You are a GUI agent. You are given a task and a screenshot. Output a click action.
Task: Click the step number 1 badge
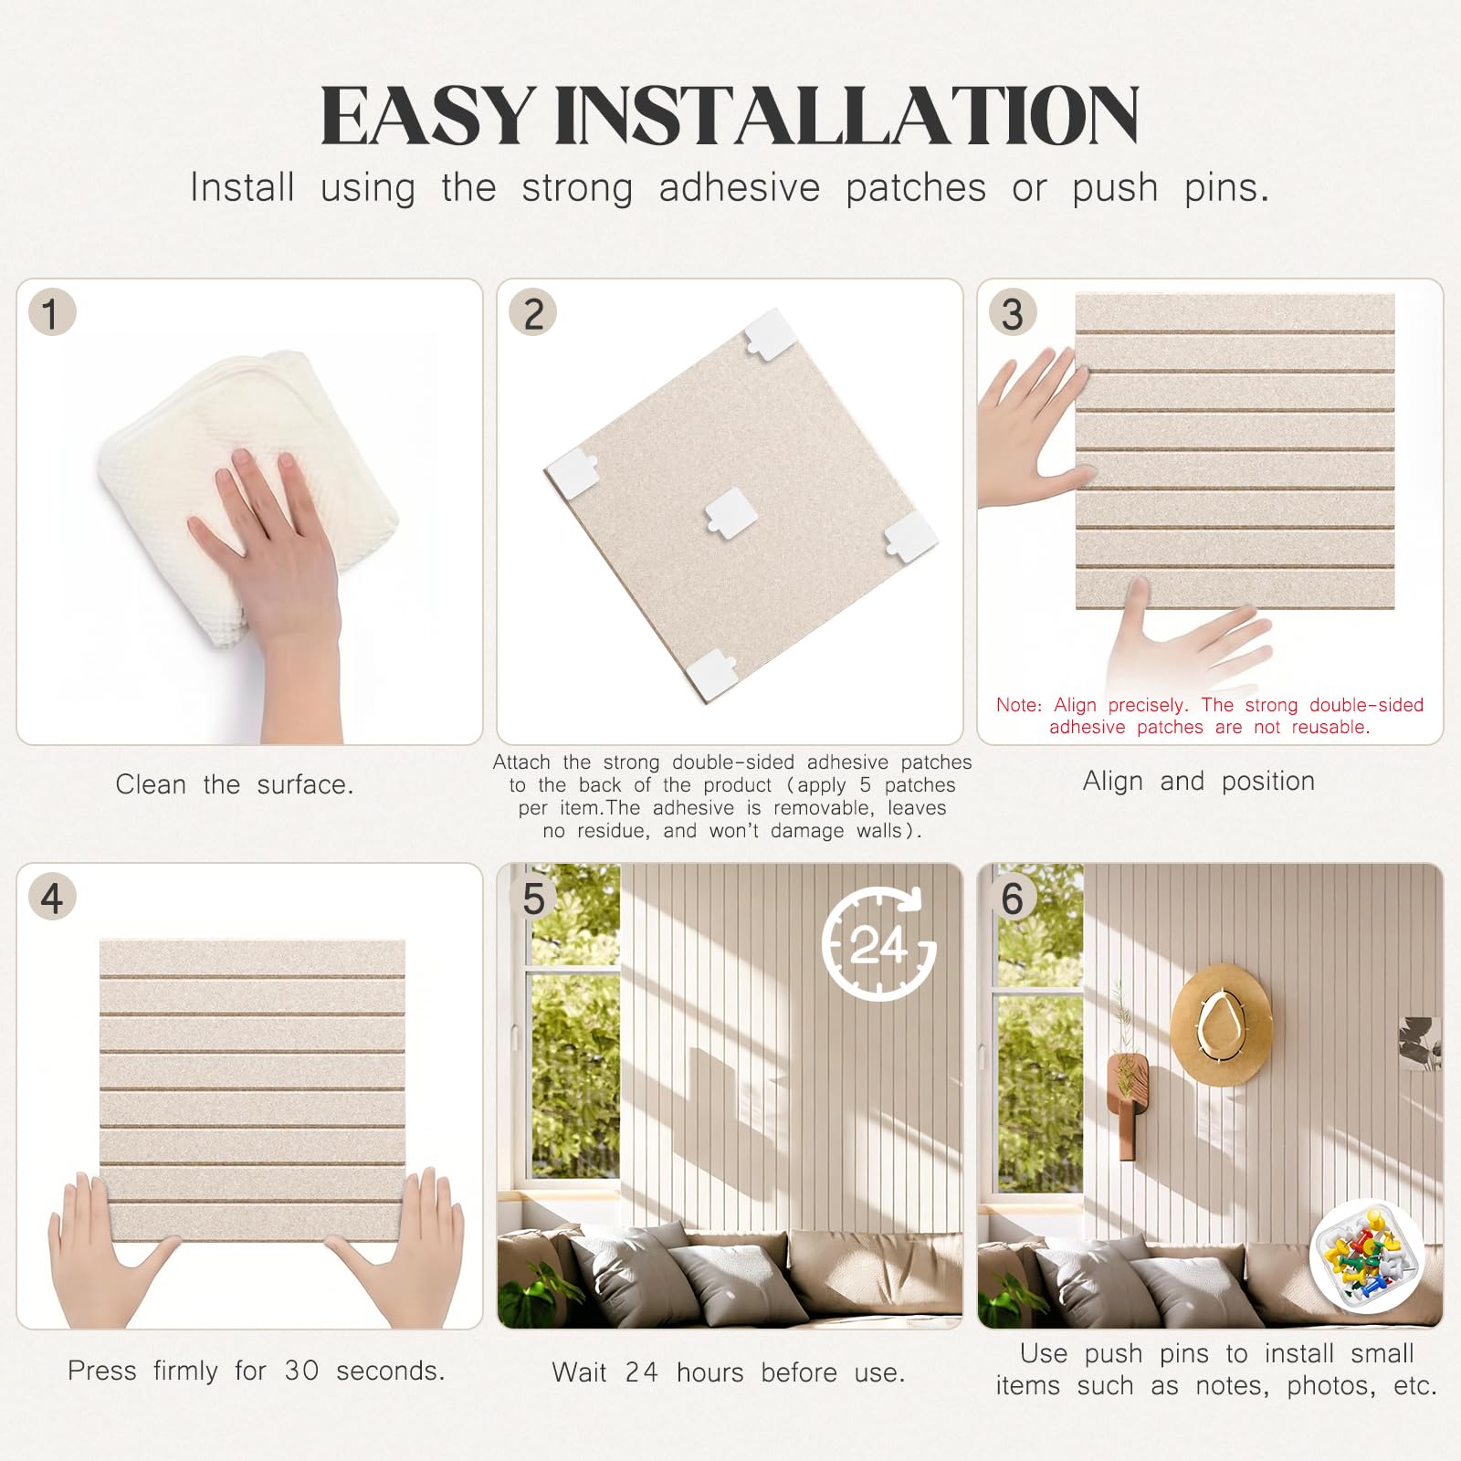coord(52,313)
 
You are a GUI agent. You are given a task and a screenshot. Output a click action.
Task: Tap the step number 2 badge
coord(533,313)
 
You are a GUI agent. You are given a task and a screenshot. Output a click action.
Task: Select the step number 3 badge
coord(1013,313)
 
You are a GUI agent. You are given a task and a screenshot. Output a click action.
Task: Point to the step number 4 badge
coord(52,898)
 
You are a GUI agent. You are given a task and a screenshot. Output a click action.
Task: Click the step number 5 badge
coord(533,898)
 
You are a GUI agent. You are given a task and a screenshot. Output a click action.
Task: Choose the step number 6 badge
coord(1013,898)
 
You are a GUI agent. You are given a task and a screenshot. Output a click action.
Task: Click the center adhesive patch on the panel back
coord(730,510)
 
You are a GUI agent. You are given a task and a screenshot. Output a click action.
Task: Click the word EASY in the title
coord(427,115)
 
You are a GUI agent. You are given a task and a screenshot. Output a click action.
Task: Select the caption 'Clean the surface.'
coord(235,784)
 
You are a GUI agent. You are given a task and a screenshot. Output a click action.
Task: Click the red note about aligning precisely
coord(1210,716)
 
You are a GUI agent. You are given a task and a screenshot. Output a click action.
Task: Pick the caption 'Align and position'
coord(1199,782)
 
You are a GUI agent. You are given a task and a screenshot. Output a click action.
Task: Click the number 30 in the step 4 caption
coord(301,1371)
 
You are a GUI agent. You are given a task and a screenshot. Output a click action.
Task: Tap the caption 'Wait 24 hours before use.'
coord(729,1372)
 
